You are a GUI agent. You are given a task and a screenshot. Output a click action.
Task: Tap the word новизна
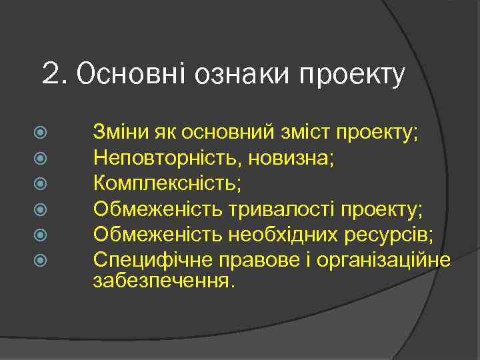pyautogui.click(x=268, y=157)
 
